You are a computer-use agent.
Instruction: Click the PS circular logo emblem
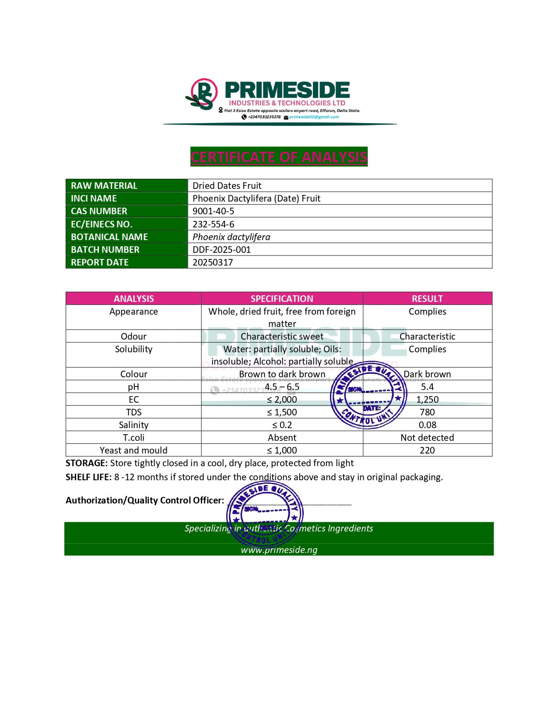[202, 95]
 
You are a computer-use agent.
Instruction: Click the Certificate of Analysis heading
[279, 157]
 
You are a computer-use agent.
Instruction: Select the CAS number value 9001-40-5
[213, 211]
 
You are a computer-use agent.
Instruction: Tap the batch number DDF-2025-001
[221, 250]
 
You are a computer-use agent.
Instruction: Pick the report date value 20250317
[213, 262]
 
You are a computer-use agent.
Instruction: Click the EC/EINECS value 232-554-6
[213, 224]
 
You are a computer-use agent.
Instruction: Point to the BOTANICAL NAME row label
[109, 237]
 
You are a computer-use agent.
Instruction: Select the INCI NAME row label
[94, 198]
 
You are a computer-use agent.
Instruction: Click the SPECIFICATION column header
[282, 299]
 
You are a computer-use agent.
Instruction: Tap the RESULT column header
[427, 299]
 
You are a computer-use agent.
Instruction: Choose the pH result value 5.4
[427, 387]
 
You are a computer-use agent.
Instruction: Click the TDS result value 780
[427, 412]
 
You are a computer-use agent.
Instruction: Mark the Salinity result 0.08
[427, 425]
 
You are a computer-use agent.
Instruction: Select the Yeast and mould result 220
[427, 450]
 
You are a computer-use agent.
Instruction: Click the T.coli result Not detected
[427, 438]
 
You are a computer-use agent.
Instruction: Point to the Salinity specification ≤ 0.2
[282, 425]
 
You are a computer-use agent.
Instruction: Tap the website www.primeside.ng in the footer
[279, 550]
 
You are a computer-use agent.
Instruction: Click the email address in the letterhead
[314, 117]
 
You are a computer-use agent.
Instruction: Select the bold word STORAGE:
[86, 463]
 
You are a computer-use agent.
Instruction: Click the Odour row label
[133, 337]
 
